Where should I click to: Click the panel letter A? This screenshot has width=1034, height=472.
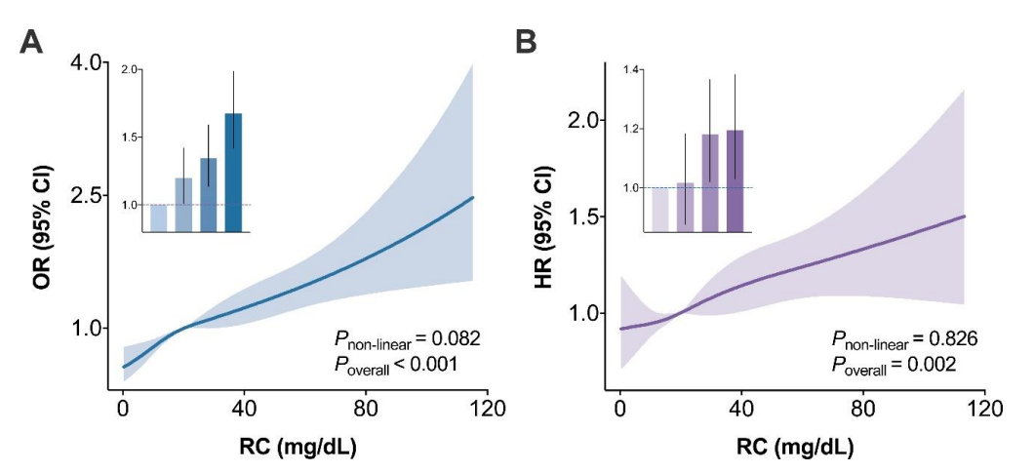(x=31, y=42)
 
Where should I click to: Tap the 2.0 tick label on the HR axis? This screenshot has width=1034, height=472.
(x=584, y=120)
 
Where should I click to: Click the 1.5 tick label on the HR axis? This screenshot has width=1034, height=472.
(x=584, y=216)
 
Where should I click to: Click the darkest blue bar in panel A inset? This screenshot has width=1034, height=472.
(x=233, y=173)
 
